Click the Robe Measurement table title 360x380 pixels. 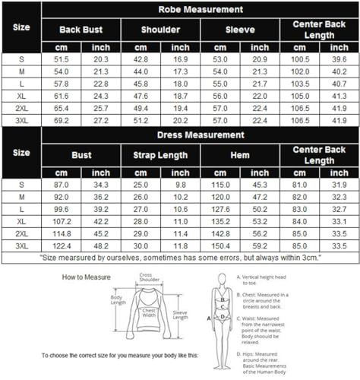click(x=201, y=10)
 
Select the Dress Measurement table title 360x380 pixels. click(x=201, y=135)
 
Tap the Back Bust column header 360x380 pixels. click(x=81, y=29)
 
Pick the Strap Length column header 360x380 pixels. click(x=160, y=155)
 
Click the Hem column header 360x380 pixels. click(x=240, y=155)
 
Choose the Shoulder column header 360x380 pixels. click(x=160, y=29)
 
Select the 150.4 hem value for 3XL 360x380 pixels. click(x=220, y=246)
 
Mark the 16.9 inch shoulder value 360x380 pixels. click(x=181, y=59)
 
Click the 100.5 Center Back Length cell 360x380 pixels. click(x=300, y=59)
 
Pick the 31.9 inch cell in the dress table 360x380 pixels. click(x=340, y=185)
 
